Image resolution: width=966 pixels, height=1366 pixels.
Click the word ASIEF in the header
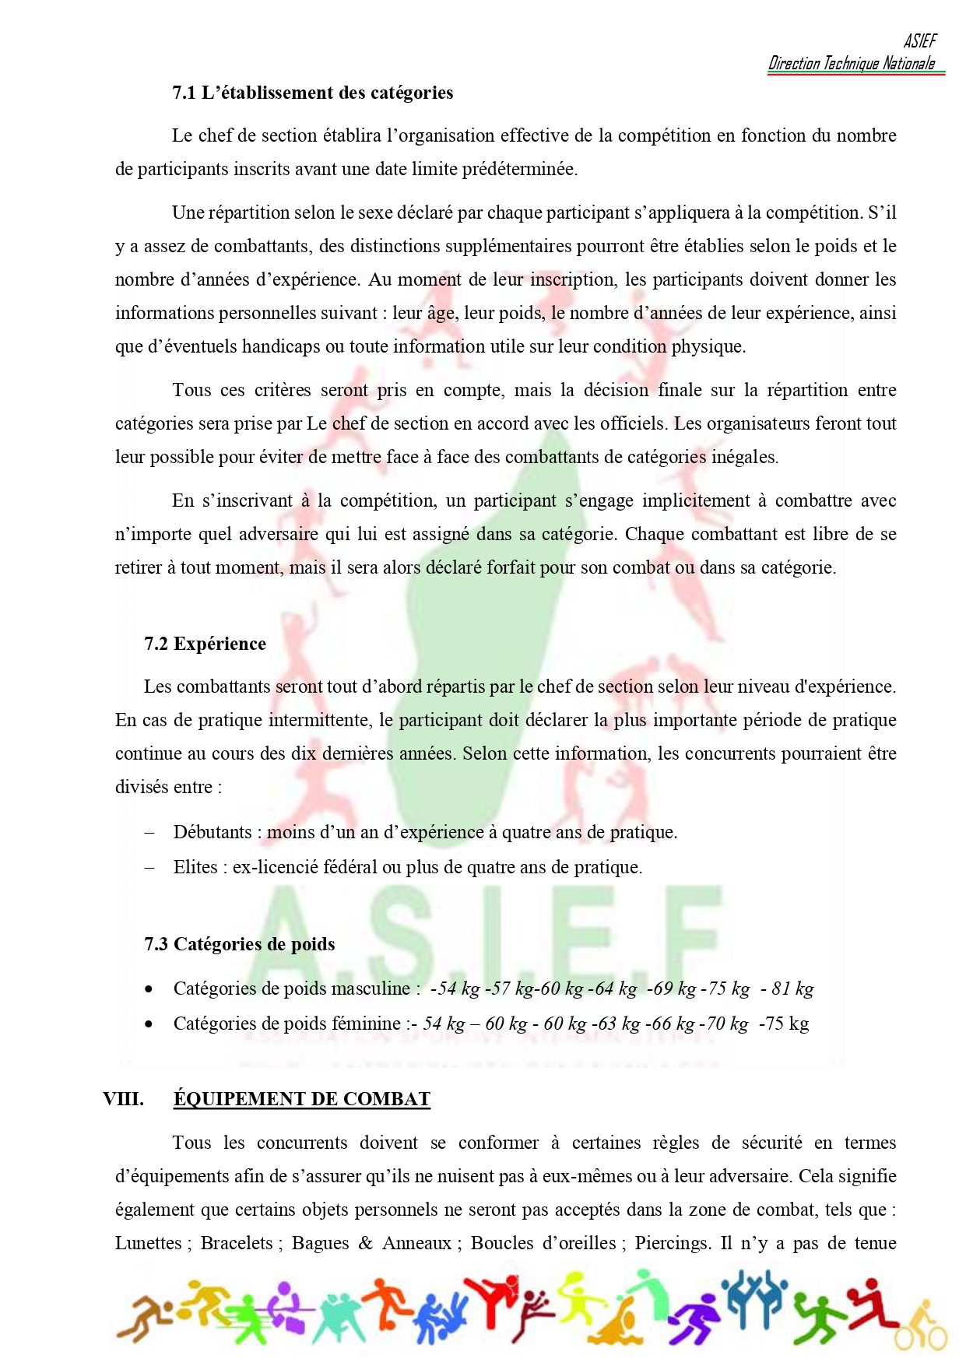pyautogui.click(x=920, y=41)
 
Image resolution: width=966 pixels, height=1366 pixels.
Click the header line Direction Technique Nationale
pyautogui.click(x=852, y=64)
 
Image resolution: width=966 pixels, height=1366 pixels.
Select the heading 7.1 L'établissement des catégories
pyautogui.click(x=313, y=93)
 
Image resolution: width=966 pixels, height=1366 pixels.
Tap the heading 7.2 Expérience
pyautogui.click(x=205, y=644)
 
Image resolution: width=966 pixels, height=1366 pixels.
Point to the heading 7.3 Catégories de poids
pyautogui.click(x=240, y=944)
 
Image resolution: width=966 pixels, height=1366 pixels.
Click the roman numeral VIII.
pyautogui.click(x=123, y=1099)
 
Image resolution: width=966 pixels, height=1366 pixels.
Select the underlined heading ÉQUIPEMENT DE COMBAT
pyautogui.click(x=302, y=1099)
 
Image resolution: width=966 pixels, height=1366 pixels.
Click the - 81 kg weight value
pyautogui.click(x=787, y=989)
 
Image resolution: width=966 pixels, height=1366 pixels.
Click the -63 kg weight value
pyautogui.click(x=616, y=1024)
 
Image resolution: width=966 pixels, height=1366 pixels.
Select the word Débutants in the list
pyautogui.click(x=213, y=832)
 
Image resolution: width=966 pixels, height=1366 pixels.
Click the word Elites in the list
pyautogui.click(x=195, y=867)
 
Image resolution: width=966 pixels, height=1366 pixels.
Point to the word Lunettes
pyautogui.click(x=149, y=1243)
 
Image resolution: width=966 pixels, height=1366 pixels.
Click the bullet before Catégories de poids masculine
pyautogui.click(x=149, y=989)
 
